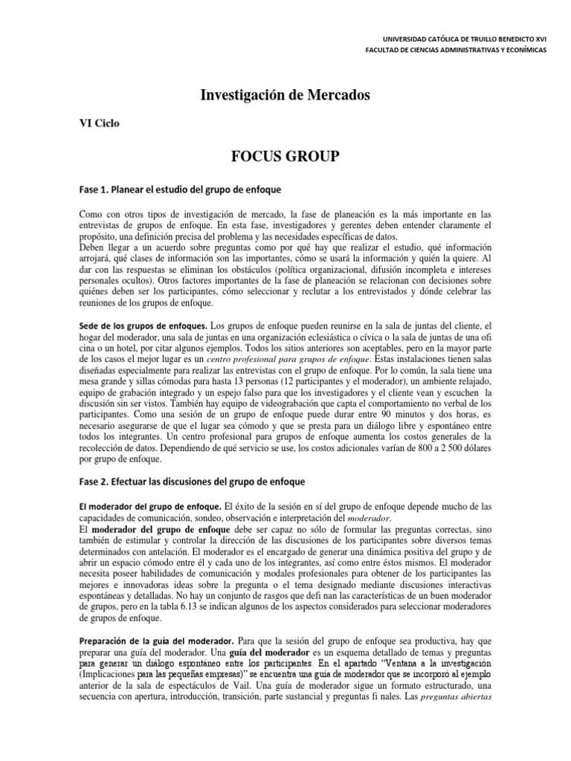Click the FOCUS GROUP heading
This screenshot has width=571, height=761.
coord(285,155)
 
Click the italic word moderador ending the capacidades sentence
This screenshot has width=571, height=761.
coord(387,518)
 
